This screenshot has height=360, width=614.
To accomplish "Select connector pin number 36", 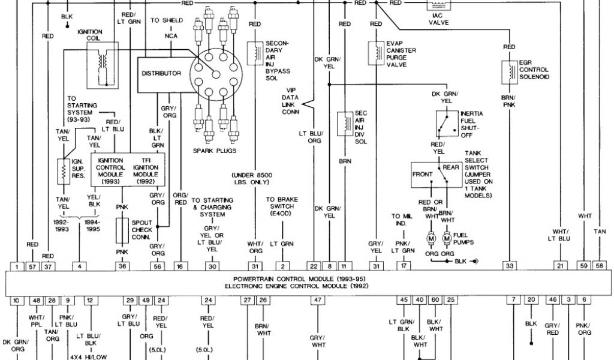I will coord(123,266).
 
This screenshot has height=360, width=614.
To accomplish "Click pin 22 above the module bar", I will coord(314,266).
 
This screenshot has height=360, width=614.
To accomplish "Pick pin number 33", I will coord(510,266).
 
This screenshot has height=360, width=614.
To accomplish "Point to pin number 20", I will coord(531,300).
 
